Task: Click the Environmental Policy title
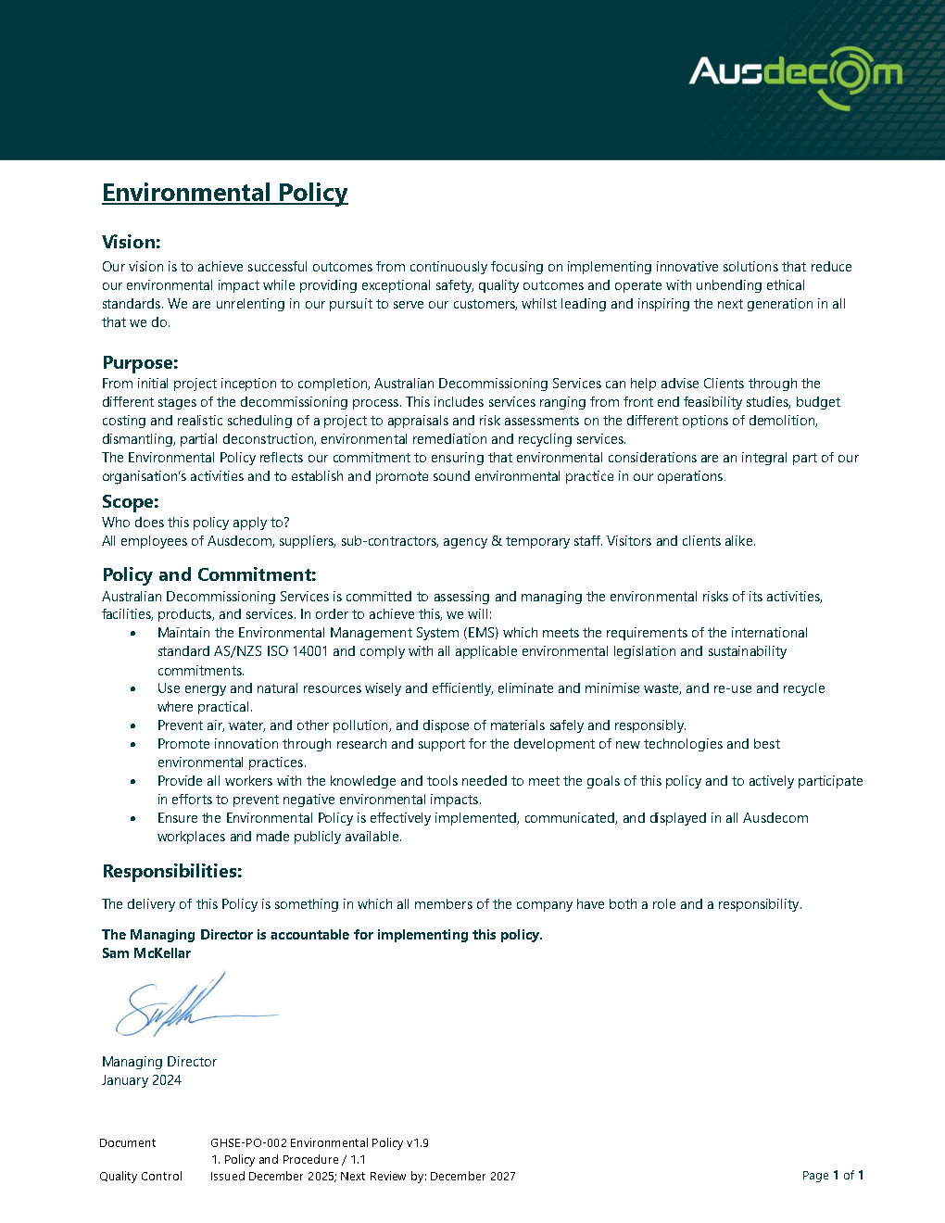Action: [x=225, y=193]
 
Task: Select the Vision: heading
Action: [x=132, y=243]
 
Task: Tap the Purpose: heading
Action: [x=140, y=362]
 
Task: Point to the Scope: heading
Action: [x=131, y=502]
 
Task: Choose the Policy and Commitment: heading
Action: [x=209, y=574]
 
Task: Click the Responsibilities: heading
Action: [x=172, y=871]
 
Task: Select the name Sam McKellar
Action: [x=146, y=953]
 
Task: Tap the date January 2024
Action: [x=142, y=1080]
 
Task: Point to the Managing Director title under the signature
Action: [x=159, y=1062]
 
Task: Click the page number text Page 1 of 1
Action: [x=833, y=1176]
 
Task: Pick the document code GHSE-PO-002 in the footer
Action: [x=247, y=1143]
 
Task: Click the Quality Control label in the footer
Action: [x=141, y=1177]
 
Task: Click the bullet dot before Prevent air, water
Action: [x=133, y=726]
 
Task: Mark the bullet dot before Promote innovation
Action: [x=133, y=745]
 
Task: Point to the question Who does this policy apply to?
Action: [x=195, y=523]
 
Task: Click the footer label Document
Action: [x=128, y=1143]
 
